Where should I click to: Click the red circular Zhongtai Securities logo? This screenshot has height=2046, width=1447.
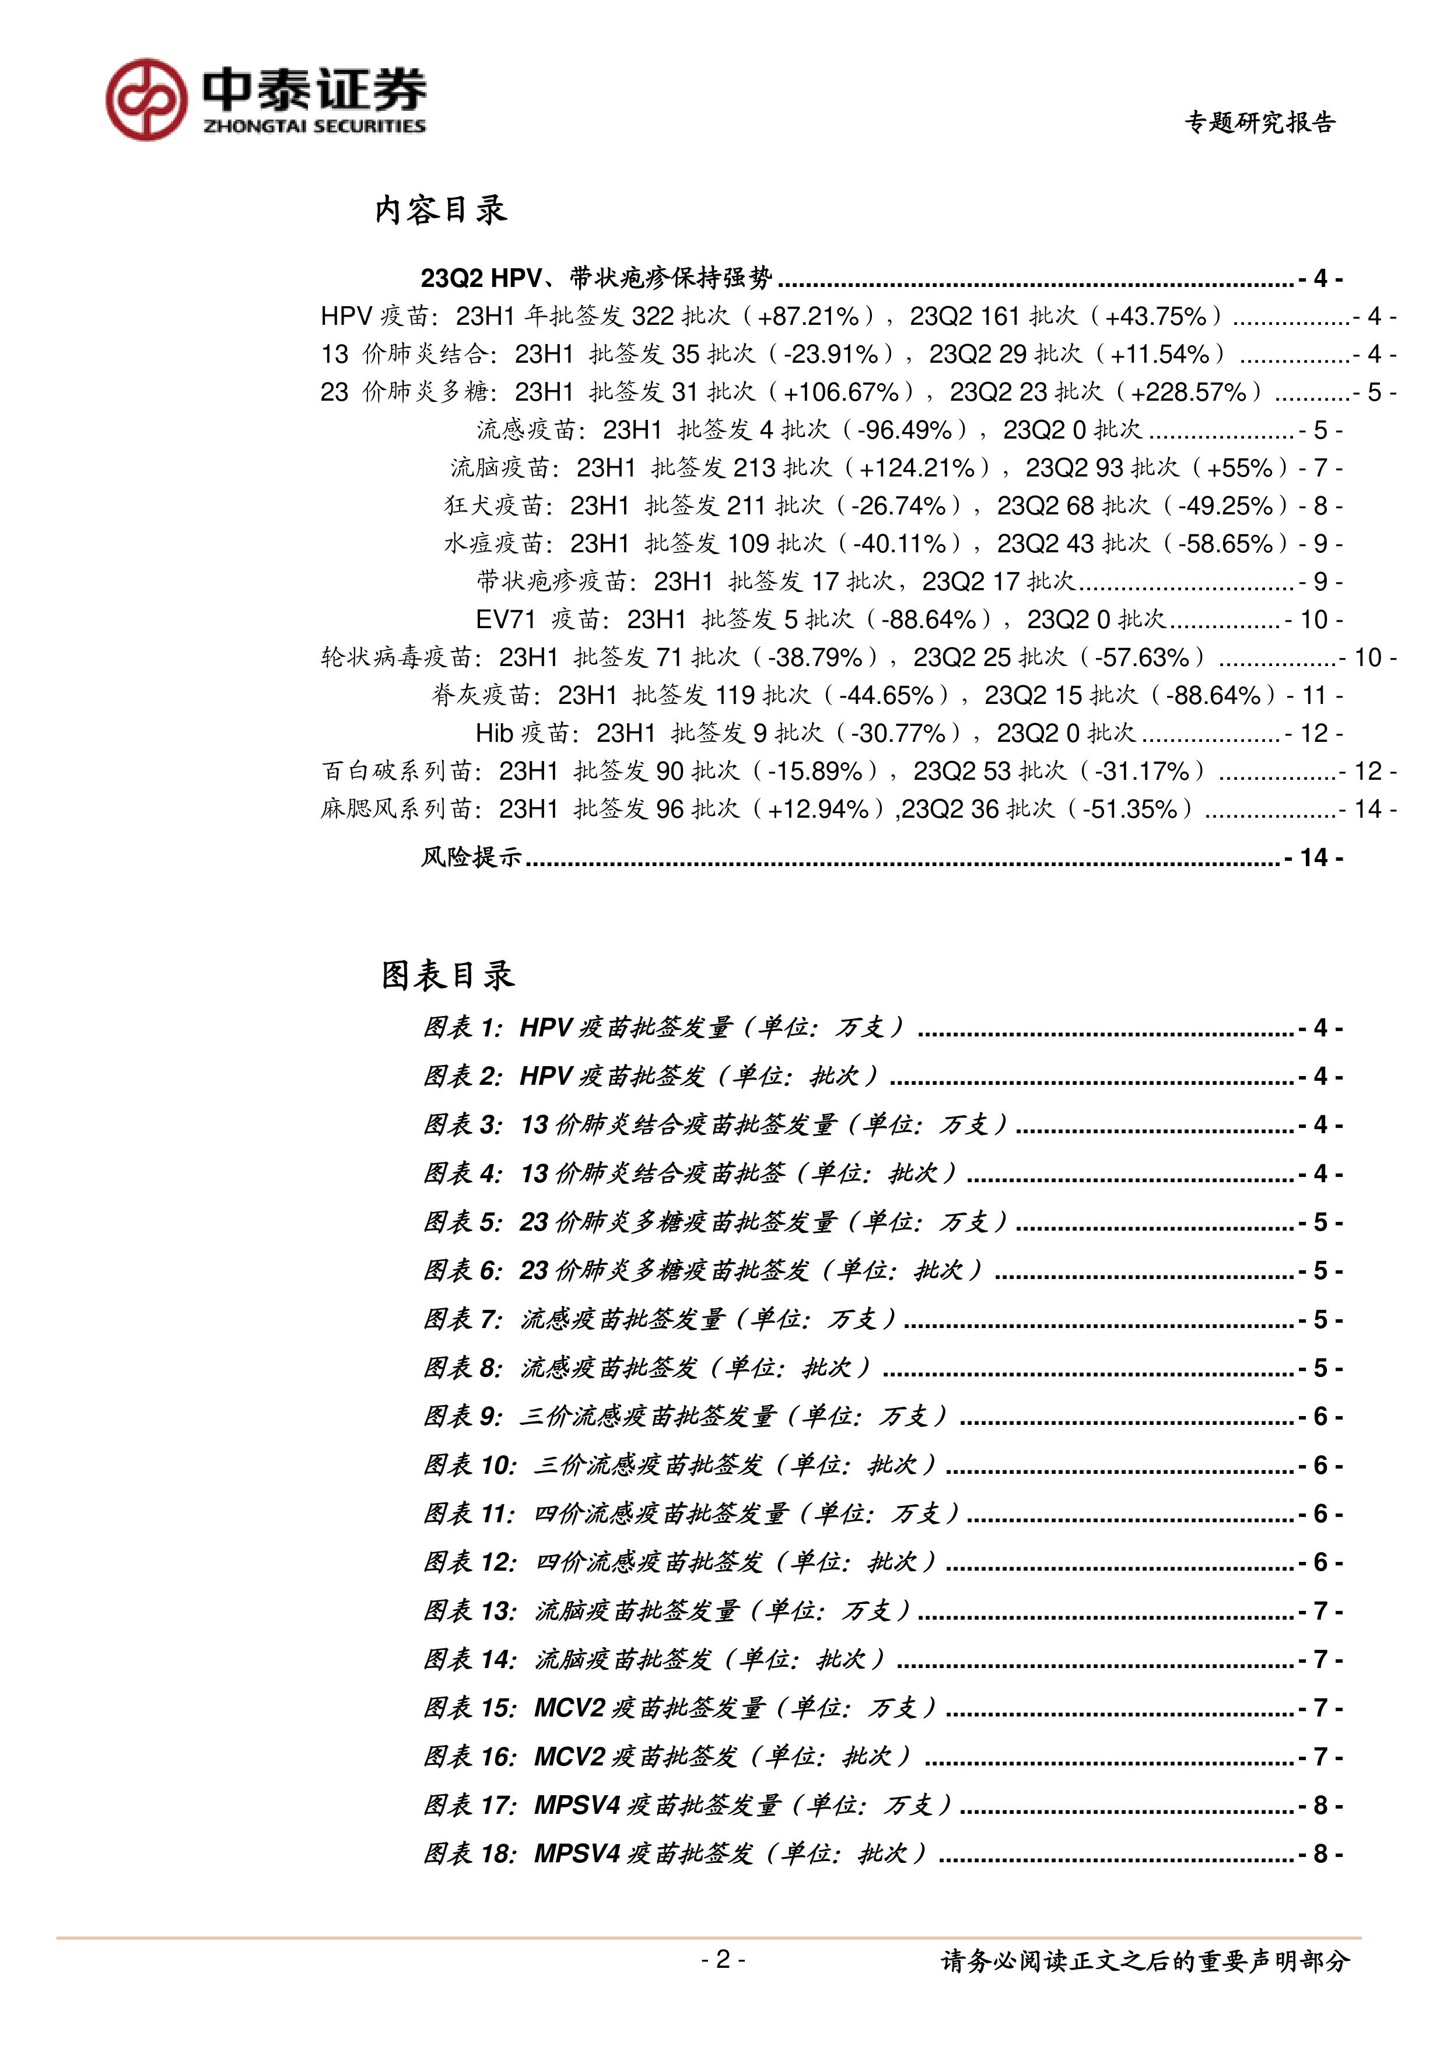coord(147,100)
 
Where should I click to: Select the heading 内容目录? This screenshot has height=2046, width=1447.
coord(440,211)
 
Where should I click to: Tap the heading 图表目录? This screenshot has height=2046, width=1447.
coord(447,975)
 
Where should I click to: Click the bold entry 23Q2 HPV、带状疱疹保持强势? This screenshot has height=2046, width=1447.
coord(596,278)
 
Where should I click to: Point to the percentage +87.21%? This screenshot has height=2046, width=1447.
coord(808,316)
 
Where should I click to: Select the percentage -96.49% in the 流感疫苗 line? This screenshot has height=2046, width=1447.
coord(905,430)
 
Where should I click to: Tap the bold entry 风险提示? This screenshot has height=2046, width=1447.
coord(471,857)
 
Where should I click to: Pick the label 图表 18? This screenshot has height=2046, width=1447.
coord(470,1854)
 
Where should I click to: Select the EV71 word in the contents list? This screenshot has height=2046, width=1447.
coord(505,619)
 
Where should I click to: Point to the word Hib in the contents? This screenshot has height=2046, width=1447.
coord(495,733)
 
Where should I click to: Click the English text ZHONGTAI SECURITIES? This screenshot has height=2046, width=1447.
coord(314,127)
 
